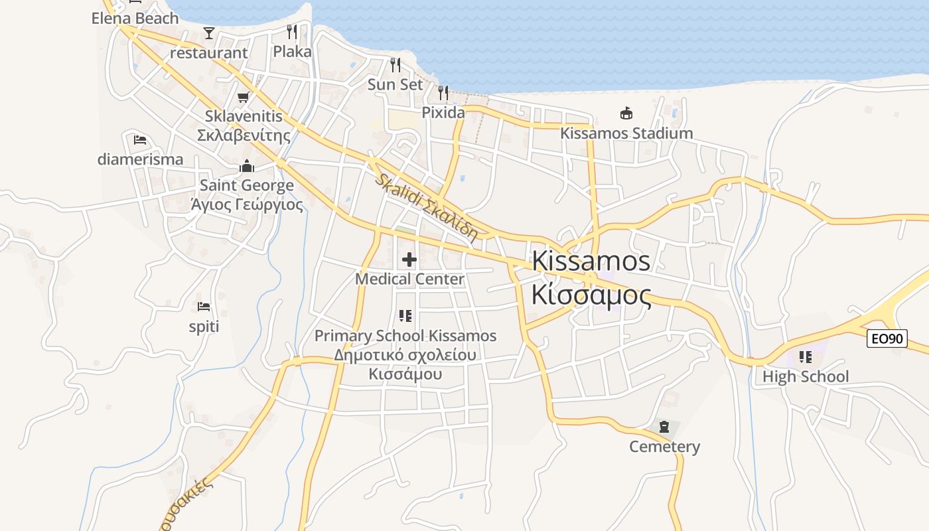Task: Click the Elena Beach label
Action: (x=135, y=18)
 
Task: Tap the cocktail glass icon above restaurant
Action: (x=209, y=33)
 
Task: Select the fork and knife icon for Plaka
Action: (x=292, y=31)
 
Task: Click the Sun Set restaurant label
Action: (x=395, y=84)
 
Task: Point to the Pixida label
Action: (x=443, y=112)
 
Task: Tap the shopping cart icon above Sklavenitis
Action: (x=244, y=98)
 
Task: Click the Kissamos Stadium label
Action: (x=626, y=133)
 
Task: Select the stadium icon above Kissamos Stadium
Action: (x=626, y=113)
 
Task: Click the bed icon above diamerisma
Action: (x=140, y=140)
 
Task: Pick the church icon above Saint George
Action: (x=247, y=165)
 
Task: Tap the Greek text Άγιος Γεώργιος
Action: (x=247, y=204)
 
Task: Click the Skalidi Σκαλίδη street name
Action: (x=426, y=206)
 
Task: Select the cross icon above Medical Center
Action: (x=409, y=259)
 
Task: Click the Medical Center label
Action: (x=409, y=279)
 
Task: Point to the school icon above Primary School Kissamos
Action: (x=405, y=316)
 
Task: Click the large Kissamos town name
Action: (x=591, y=261)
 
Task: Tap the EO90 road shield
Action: (x=887, y=339)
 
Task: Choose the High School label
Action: (x=805, y=376)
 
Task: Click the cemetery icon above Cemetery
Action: (x=664, y=427)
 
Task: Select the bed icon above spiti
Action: (x=204, y=307)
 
